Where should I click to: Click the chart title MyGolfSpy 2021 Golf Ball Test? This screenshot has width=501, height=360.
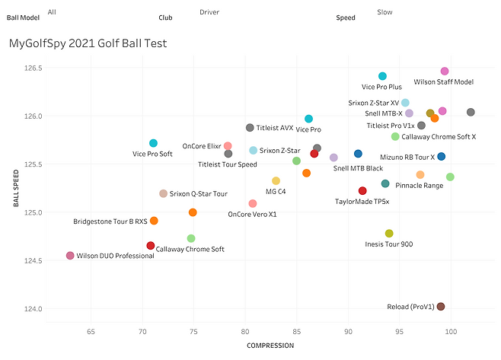pyautogui.click(x=88, y=43)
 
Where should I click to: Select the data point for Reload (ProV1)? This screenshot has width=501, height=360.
pyautogui.click(x=441, y=307)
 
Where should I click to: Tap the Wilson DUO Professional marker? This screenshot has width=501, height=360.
pyautogui.click(x=70, y=256)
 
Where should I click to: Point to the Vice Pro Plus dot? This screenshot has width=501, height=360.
pyautogui.click(x=383, y=76)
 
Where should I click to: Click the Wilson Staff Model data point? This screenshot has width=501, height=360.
pyautogui.click(x=445, y=72)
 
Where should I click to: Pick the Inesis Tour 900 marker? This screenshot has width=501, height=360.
pyautogui.click(x=389, y=234)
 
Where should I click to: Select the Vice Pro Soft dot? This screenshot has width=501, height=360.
pyautogui.click(x=153, y=143)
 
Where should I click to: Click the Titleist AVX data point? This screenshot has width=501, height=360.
pyautogui.click(x=250, y=128)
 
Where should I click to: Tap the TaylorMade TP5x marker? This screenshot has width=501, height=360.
pyautogui.click(x=362, y=191)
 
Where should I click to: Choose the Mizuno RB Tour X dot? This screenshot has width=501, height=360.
pyautogui.click(x=442, y=157)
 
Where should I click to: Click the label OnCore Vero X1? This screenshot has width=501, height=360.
pyautogui.click(x=252, y=214)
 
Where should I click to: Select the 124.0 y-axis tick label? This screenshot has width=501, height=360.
pyautogui.click(x=33, y=308)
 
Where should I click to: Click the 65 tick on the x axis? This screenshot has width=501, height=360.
pyautogui.click(x=91, y=332)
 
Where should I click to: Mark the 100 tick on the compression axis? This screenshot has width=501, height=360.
pyautogui.click(x=451, y=332)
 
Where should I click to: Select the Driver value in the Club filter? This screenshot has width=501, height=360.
pyautogui.click(x=209, y=12)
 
